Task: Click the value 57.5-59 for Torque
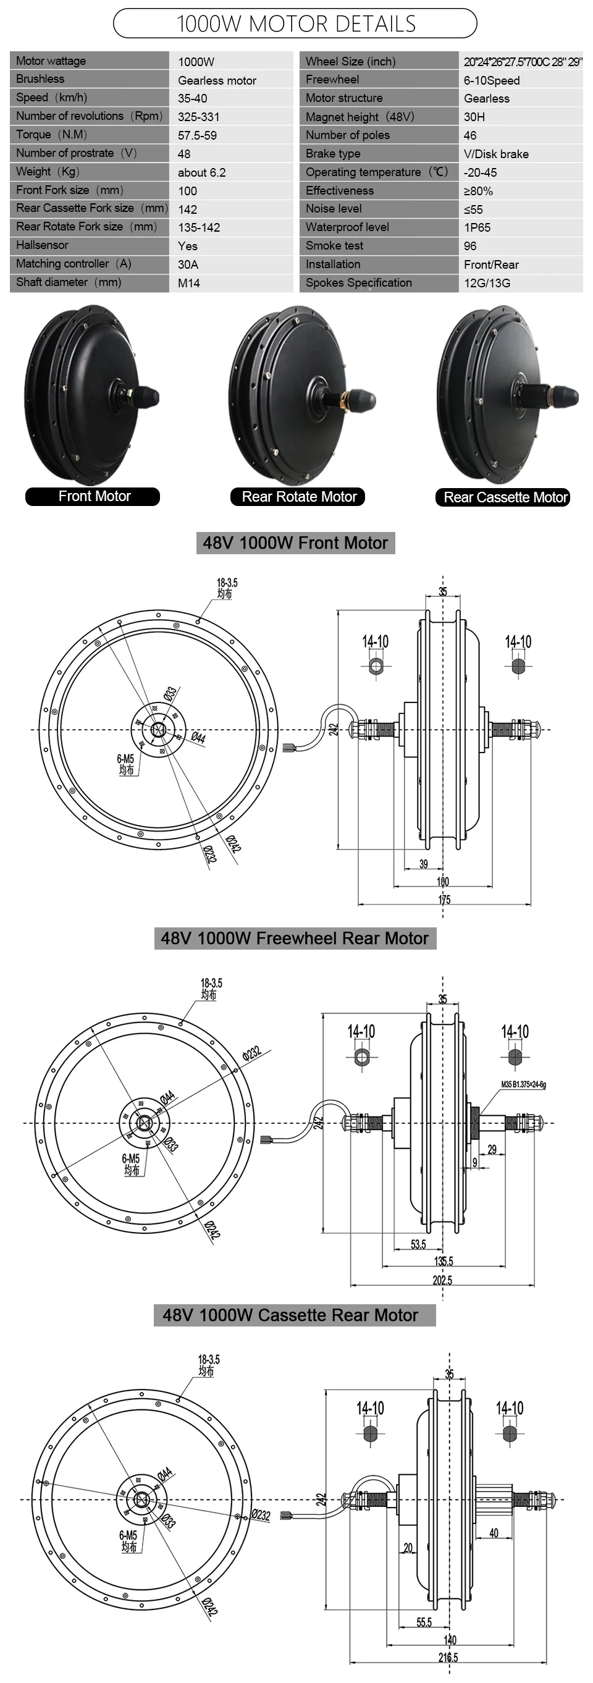click(197, 135)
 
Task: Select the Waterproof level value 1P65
click(477, 227)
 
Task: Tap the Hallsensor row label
click(42, 245)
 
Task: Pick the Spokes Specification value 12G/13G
click(487, 283)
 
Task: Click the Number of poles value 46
click(470, 135)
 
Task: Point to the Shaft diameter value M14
click(189, 283)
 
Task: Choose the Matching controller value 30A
click(188, 264)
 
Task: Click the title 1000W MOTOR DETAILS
click(296, 24)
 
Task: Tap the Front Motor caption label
click(94, 496)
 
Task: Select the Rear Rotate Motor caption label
click(299, 497)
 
